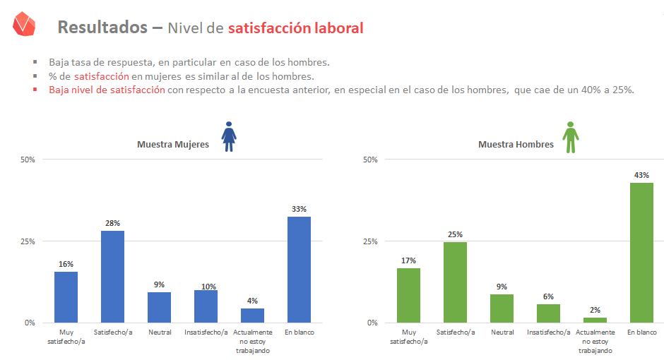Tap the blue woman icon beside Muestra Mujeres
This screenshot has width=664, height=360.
click(229, 136)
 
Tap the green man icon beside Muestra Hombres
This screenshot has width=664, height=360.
click(570, 136)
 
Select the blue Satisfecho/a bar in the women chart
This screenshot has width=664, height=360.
click(113, 277)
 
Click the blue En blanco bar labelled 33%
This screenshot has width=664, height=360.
click(299, 270)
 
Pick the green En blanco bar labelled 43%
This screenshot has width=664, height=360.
click(641, 253)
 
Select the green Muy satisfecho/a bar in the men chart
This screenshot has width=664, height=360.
click(408, 295)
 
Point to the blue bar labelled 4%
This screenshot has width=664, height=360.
click(252, 316)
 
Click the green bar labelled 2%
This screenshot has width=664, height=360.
click(595, 320)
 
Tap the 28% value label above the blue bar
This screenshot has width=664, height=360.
click(113, 223)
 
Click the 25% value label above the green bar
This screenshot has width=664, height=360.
click(456, 234)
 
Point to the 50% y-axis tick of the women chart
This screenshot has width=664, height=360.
click(28, 160)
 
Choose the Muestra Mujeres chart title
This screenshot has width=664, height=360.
click(173, 145)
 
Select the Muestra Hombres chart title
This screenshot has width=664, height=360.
click(516, 145)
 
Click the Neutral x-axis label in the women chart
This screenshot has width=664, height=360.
click(159, 332)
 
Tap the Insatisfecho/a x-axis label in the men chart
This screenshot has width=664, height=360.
click(548, 332)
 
